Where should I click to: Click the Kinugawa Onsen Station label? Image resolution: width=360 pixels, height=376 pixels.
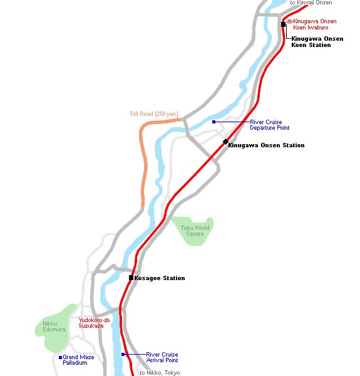(x=266, y=145)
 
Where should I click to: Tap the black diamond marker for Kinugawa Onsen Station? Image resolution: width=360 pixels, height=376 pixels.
(x=225, y=142)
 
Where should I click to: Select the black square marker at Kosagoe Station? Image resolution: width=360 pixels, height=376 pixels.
(x=131, y=278)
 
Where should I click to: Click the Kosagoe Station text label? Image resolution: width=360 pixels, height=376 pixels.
(x=160, y=278)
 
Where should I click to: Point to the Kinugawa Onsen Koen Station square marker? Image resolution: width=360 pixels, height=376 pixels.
(x=283, y=24)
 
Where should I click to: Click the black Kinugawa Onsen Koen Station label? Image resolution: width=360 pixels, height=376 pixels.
(x=317, y=42)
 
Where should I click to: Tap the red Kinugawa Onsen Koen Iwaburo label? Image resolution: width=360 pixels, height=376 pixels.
(x=314, y=24)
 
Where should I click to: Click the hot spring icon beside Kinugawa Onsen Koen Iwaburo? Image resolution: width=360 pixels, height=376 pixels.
(x=290, y=21)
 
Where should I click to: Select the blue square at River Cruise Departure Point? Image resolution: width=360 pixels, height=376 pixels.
(x=214, y=122)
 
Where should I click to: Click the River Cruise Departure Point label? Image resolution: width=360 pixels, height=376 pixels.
(x=269, y=125)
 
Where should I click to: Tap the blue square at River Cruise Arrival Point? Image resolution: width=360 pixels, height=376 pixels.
(x=123, y=355)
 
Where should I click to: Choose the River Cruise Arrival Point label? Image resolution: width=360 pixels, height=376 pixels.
(x=162, y=357)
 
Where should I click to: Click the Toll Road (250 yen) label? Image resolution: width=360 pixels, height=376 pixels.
(x=154, y=114)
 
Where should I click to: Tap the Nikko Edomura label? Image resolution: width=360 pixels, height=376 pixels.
(x=54, y=326)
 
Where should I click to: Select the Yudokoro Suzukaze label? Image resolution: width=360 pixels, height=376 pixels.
(x=91, y=323)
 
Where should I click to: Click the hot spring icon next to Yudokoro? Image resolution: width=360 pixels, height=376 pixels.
(x=107, y=320)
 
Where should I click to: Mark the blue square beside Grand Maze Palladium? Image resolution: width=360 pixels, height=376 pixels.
(x=60, y=358)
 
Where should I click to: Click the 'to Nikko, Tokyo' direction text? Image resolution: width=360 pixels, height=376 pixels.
(x=160, y=373)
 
